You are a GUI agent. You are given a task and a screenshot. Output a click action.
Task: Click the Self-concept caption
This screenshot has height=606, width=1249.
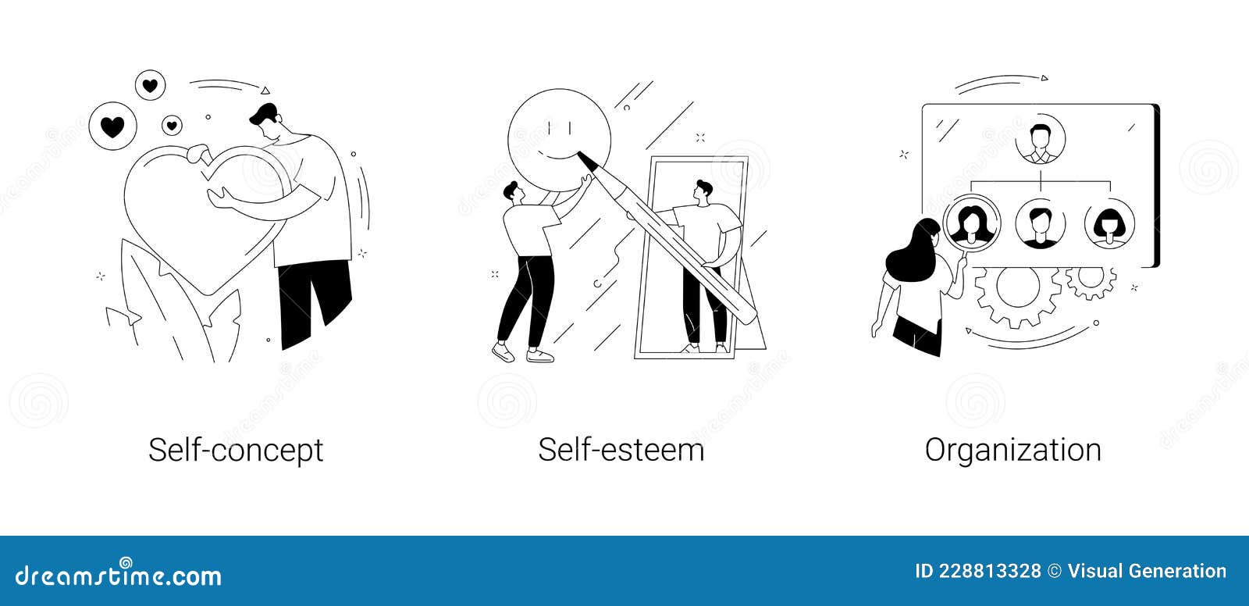click(x=236, y=451)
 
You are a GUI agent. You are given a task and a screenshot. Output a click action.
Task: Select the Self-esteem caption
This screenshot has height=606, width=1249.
click(x=621, y=450)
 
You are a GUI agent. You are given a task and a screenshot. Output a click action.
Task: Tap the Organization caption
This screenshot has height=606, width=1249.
click(x=1013, y=451)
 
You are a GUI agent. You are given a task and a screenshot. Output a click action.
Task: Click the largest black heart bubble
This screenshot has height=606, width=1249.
click(x=112, y=126)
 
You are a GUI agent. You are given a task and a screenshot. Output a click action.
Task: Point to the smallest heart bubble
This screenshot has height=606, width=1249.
click(x=172, y=126)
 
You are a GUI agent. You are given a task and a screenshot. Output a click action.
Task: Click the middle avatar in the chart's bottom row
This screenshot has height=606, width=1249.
click(x=1041, y=224)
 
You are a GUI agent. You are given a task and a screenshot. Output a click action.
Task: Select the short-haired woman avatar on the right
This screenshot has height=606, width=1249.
click(x=1109, y=224)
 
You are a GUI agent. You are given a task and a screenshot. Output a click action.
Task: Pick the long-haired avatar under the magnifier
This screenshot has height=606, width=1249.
click(x=972, y=223)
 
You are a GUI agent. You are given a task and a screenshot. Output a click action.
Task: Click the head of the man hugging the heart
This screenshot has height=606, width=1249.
click(x=265, y=123)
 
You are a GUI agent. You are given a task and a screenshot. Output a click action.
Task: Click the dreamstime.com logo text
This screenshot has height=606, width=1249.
click(x=118, y=575)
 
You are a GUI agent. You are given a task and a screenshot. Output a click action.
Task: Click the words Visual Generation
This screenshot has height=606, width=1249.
click(x=1147, y=572)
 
